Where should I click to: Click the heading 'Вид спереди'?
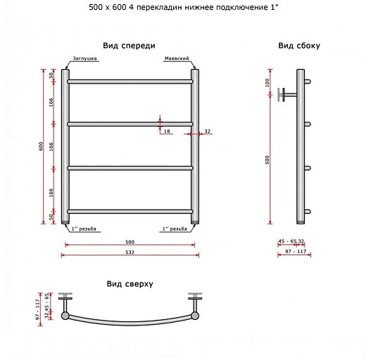pyautogui.click(x=129, y=46)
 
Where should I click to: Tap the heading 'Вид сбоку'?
pyautogui.click(x=299, y=46)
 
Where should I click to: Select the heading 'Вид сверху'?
pyautogui.click(x=130, y=284)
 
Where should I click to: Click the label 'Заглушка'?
pyautogui.click(x=84, y=58)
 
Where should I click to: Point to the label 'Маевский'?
pyautogui.click(x=177, y=58)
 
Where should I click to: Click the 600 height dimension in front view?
pyautogui.click(x=41, y=146)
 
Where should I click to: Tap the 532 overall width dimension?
pyautogui.click(x=130, y=252)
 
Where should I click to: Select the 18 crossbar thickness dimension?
pyautogui.click(x=167, y=131)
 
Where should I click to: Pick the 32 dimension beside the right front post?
pyautogui.click(x=208, y=131)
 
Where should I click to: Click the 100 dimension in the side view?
pyautogui.click(x=267, y=83)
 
